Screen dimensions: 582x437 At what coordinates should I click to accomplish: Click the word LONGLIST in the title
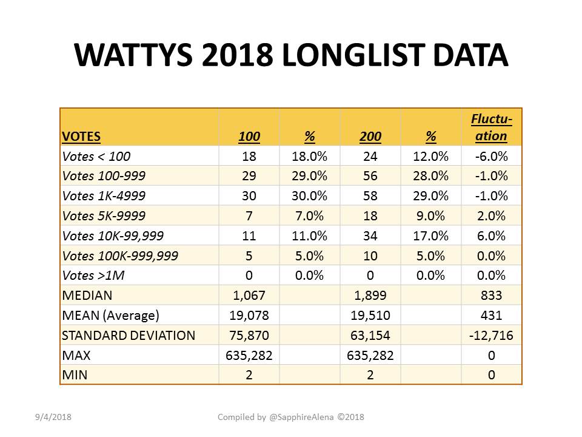(x=353, y=55)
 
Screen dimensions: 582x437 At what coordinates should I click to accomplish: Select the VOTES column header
(x=81, y=137)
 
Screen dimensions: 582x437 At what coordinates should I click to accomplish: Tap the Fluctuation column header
(x=492, y=127)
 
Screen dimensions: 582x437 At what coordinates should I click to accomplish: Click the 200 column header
(x=370, y=137)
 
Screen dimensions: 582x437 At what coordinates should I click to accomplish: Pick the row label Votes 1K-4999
(x=104, y=196)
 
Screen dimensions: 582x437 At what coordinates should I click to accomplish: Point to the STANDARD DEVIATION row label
(x=129, y=336)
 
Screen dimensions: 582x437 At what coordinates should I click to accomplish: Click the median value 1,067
(x=249, y=296)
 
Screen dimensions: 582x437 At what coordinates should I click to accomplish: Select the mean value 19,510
(x=370, y=316)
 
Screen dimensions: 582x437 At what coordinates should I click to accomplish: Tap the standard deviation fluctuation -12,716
(x=491, y=336)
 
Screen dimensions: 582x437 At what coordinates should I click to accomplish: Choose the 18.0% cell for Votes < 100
(x=309, y=157)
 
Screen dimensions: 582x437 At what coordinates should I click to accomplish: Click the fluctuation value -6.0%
(x=491, y=157)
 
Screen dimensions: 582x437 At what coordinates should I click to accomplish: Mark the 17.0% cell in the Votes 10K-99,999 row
(x=430, y=236)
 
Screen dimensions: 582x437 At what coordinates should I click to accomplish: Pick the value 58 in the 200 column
(x=370, y=196)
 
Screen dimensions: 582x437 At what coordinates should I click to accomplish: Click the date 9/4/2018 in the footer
(x=53, y=418)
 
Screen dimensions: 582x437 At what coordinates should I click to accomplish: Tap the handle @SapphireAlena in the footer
(x=301, y=418)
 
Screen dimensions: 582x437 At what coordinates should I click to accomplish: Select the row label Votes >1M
(x=93, y=276)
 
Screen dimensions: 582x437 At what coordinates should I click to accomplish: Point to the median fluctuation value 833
(x=491, y=296)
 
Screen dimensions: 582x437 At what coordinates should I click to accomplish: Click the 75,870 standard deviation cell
(x=249, y=336)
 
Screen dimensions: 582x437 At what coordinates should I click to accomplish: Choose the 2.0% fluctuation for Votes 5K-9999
(x=491, y=216)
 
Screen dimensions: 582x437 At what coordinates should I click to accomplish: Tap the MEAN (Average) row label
(x=110, y=316)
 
